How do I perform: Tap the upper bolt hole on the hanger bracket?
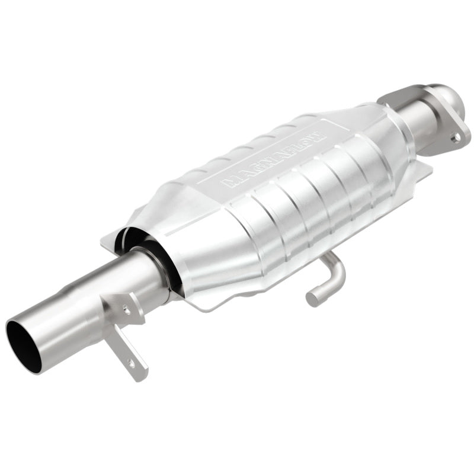click(x=126, y=308)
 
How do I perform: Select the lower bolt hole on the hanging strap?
click(x=131, y=361)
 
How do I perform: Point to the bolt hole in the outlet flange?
click(x=456, y=137)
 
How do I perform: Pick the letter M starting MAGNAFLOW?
click(x=228, y=182)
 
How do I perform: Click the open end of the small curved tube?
click(x=312, y=297)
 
